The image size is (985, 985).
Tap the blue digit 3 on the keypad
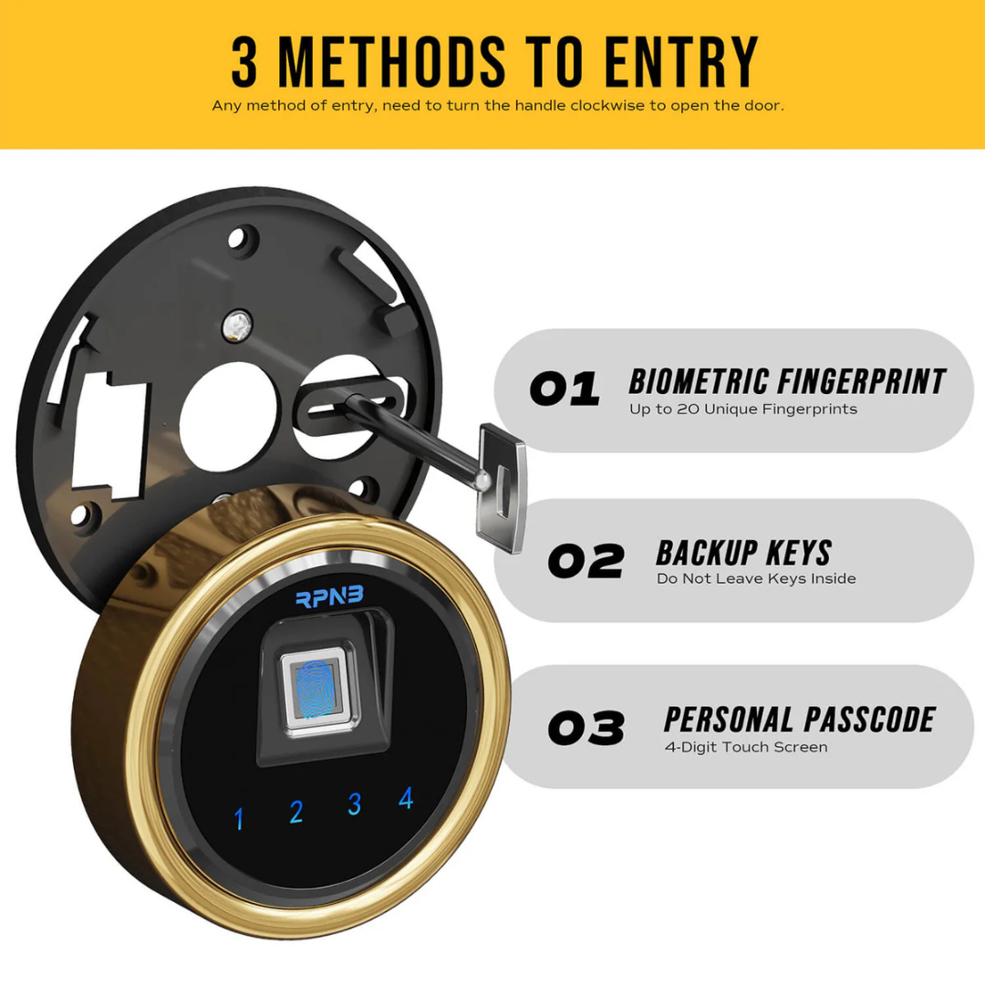pos(355,804)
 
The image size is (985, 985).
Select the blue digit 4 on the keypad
pos(406,798)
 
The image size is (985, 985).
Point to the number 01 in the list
pos(565,389)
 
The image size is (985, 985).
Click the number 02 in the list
pos(586,561)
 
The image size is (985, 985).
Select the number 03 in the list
pos(586,728)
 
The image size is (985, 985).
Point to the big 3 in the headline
pos(244,64)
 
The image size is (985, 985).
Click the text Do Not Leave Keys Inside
pos(756,578)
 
